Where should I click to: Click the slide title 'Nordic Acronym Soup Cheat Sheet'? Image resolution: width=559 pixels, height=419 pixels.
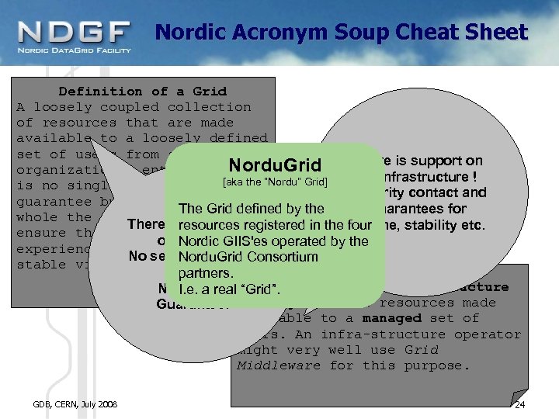point(341,33)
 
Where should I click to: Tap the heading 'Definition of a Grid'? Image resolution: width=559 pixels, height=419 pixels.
point(143,91)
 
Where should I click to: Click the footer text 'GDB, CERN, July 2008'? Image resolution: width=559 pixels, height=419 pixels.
point(75,404)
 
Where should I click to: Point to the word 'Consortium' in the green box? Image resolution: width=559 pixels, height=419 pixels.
point(286,257)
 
